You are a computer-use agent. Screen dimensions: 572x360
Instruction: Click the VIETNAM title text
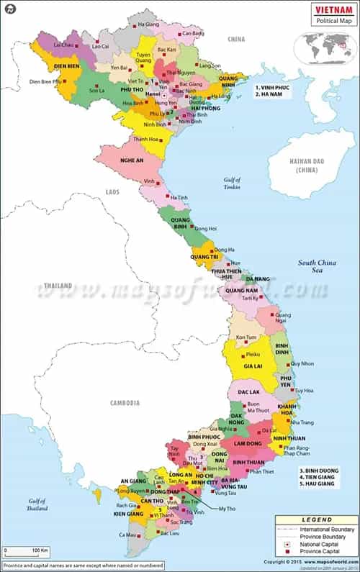pos(332,9)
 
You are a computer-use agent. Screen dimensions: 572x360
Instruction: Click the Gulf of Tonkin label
pos(232,183)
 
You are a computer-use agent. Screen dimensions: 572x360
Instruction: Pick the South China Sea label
pos(318,266)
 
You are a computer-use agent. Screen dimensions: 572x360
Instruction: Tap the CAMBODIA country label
pos(125,403)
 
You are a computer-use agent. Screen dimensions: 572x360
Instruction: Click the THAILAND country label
pos(58,286)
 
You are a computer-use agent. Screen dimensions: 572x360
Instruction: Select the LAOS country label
pos(112,192)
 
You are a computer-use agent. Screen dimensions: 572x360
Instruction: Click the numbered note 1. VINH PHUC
pos(275,86)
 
